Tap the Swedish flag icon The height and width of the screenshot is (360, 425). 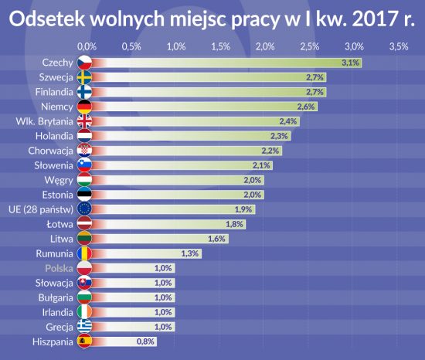(84, 77)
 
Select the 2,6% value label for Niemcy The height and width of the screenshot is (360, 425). (306, 107)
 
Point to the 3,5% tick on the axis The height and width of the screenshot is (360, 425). (399, 46)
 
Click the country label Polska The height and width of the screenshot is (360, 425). (59, 268)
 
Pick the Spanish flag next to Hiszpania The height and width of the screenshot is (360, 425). (84, 341)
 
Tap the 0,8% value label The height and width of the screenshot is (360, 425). (145, 341)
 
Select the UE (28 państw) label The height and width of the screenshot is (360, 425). (41, 209)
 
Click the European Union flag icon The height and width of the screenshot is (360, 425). (84, 209)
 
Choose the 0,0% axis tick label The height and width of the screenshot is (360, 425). (87, 46)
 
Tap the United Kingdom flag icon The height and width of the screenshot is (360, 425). (84, 121)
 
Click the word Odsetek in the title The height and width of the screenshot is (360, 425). (46, 19)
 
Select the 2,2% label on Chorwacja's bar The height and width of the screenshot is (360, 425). (270, 151)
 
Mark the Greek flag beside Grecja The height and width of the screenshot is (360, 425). (84, 327)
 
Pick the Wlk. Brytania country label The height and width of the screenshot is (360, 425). (44, 121)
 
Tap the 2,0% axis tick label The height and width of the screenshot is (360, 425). (265, 46)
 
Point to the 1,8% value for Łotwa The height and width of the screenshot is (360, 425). (234, 224)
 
